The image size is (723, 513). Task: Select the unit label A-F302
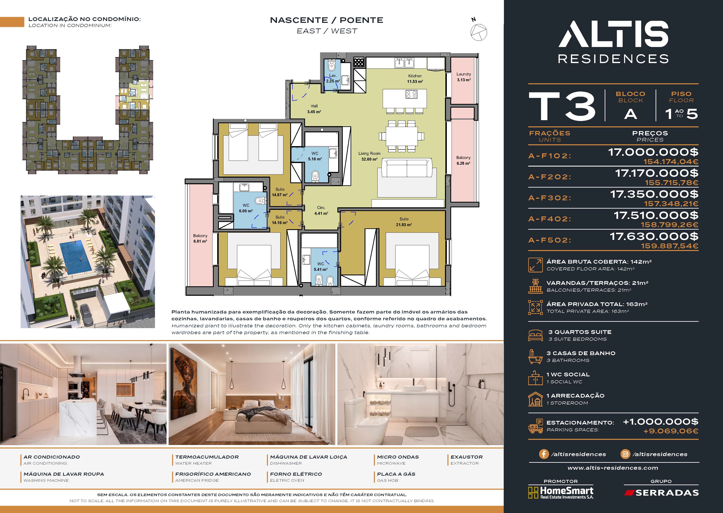pyautogui.click(x=550, y=198)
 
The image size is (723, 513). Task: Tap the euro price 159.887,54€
pyautogui.click(x=670, y=246)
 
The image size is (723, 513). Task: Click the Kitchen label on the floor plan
pyautogui.click(x=415, y=76)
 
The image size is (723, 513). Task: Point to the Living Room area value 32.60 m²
pyautogui.click(x=369, y=159)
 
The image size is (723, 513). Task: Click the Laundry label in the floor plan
pyautogui.click(x=463, y=74)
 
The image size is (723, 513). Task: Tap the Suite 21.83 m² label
pyautogui.click(x=404, y=222)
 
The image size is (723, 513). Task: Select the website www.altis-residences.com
pyautogui.click(x=613, y=468)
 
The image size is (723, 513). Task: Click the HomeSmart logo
pyautogui.click(x=561, y=492)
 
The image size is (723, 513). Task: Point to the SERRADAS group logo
pyautogui.click(x=661, y=493)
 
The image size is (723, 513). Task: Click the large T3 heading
pyautogui.click(x=562, y=106)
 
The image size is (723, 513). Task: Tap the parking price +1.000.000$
pyautogui.click(x=661, y=422)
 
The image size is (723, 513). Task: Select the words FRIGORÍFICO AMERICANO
pyautogui.click(x=213, y=474)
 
